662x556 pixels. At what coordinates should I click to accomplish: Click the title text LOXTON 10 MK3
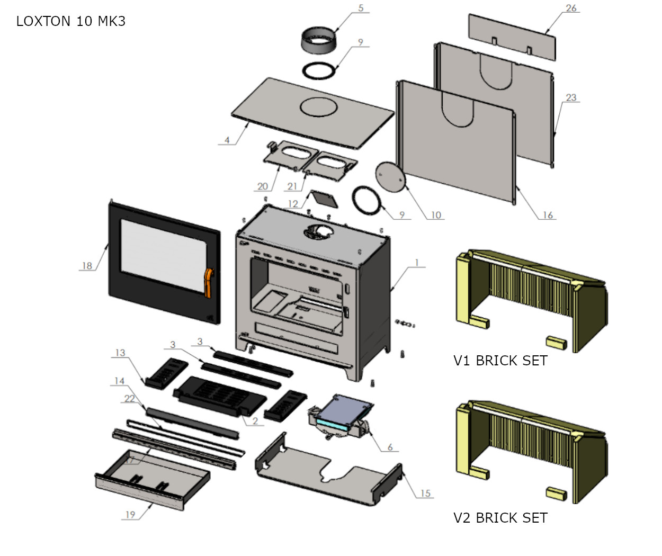pyautogui.click(x=71, y=22)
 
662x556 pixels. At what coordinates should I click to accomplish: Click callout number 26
pyautogui.click(x=571, y=8)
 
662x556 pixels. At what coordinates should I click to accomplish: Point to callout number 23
pyautogui.click(x=571, y=97)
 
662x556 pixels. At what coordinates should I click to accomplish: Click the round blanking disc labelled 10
pyautogui.click(x=390, y=176)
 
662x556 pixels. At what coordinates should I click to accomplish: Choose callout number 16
pyautogui.click(x=548, y=215)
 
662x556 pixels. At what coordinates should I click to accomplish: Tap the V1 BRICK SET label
pyautogui.click(x=500, y=361)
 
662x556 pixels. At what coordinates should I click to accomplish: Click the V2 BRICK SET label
pyautogui.click(x=500, y=518)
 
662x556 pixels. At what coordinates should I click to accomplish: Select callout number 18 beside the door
pyautogui.click(x=87, y=266)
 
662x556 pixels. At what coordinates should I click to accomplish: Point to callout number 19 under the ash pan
pyautogui.click(x=130, y=515)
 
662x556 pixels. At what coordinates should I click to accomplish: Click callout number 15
pyautogui.click(x=426, y=494)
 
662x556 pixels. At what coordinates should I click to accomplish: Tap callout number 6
pyautogui.click(x=390, y=447)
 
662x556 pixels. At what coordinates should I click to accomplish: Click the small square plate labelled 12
pyautogui.click(x=323, y=198)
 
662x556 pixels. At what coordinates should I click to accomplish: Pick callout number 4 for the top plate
pyautogui.click(x=227, y=140)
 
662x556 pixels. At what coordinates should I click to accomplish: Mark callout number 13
pyautogui.click(x=120, y=353)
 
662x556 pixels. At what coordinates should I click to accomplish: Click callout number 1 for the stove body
pyautogui.click(x=417, y=263)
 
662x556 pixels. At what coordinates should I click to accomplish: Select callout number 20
pyautogui.click(x=263, y=186)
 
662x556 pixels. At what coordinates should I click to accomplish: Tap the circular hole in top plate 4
pyautogui.click(x=318, y=107)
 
